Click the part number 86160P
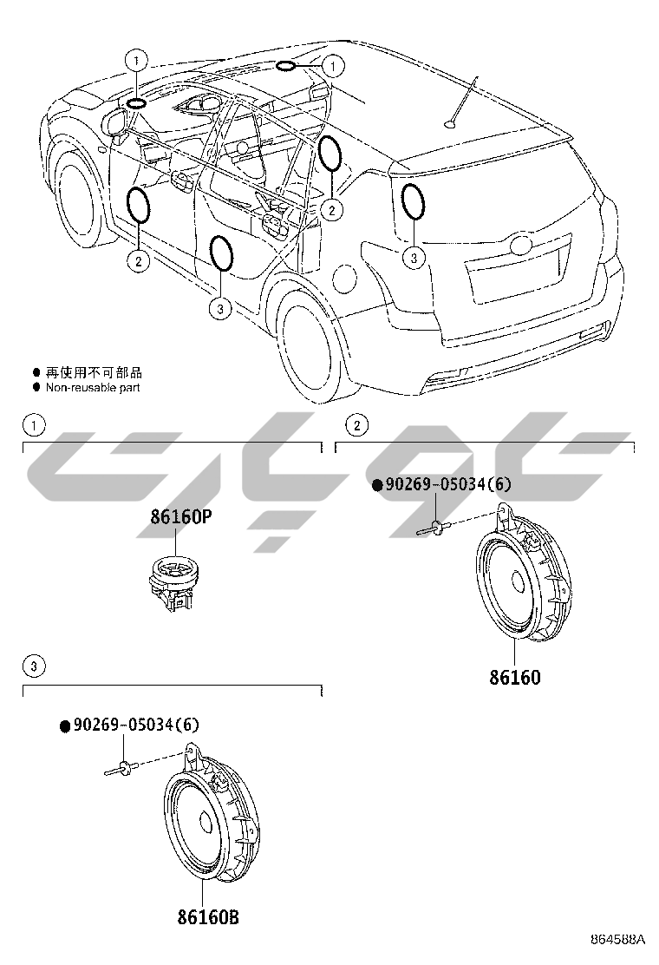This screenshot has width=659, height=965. click(181, 517)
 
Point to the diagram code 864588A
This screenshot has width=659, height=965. click(618, 940)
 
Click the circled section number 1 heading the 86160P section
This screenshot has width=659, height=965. click(33, 425)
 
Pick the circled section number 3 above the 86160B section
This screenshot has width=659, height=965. click(33, 666)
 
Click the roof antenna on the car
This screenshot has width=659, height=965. click(462, 104)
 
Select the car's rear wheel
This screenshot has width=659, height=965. click(310, 341)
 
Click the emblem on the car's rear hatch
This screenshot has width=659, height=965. click(523, 244)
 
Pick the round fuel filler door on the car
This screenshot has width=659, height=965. click(344, 279)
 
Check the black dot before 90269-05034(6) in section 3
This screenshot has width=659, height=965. click(64, 725)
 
